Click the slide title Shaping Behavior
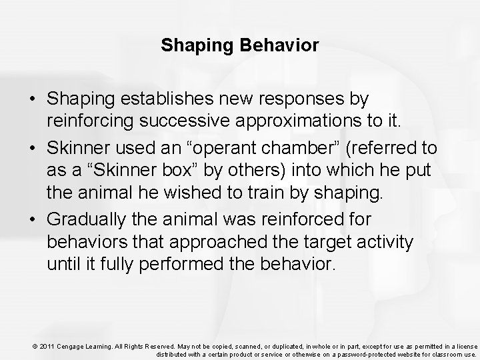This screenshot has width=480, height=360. (240, 46)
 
